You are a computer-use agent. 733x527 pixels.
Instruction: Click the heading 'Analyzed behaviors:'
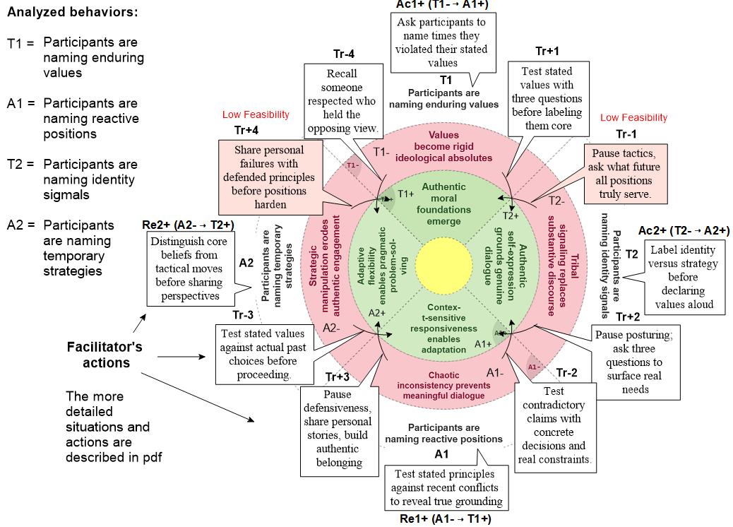pos(73,13)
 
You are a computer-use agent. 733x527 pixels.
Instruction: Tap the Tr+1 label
pos(547,51)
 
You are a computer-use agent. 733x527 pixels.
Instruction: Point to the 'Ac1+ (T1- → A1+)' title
pos(442,5)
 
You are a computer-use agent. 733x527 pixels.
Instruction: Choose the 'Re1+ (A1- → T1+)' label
pos(444,519)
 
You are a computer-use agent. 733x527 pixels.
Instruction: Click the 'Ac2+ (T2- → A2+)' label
pos(684,231)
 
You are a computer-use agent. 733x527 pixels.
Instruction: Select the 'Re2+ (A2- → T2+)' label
pos(188,225)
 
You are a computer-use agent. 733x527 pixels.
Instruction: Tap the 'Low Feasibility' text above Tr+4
pos(256,114)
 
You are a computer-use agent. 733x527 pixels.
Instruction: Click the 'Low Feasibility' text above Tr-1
pos(633,118)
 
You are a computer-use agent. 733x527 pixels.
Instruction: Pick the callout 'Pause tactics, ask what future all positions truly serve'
pos(626,174)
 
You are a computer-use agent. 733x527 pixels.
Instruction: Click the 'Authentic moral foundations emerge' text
pos(444,204)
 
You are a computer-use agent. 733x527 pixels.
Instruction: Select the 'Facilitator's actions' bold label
pos(105,355)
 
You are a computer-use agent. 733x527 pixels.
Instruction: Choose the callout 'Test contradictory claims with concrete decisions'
pos(554,425)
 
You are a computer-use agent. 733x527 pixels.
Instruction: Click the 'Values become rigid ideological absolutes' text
pos(443,146)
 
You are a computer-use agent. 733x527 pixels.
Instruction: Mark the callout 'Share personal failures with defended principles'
pos(268,177)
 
